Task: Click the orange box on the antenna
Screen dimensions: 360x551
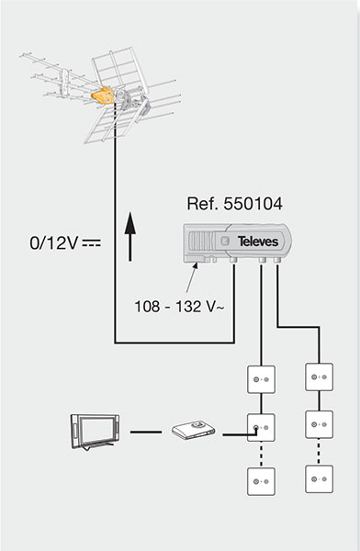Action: pyautogui.click(x=103, y=96)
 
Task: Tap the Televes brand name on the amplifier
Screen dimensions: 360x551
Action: pyautogui.click(x=258, y=242)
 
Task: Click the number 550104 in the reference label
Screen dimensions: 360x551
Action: pyautogui.click(x=253, y=204)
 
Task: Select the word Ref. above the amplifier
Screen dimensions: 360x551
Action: pyautogui.click(x=203, y=204)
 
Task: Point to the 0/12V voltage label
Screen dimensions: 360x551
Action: pyautogui.click(x=54, y=243)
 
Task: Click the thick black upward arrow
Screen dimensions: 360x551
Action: pyautogui.click(x=130, y=237)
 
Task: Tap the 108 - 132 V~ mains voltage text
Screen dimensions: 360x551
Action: pyautogui.click(x=179, y=307)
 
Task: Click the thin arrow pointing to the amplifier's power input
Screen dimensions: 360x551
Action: pyautogui.click(x=192, y=277)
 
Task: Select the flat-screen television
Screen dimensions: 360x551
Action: pyautogui.click(x=95, y=432)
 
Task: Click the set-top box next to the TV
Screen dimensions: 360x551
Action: pyautogui.click(x=193, y=430)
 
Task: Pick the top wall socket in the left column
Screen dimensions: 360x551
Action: pyautogui.click(x=261, y=379)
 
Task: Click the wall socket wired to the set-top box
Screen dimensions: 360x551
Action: pyautogui.click(x=261, y=428)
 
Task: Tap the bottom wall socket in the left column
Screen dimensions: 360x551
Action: pyautogui.click(x=261, y=481)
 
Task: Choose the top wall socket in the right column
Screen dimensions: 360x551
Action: pyautogui.click(x=320, y=377)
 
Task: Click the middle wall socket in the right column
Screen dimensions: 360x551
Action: pyautogui.click(x=320, y=424)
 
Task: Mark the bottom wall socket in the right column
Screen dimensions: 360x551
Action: pyautogui.click(x=320, y=479)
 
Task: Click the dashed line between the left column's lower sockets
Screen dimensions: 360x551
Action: pyautogui.click(x=261, y=455)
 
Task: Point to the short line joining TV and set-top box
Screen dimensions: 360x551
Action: pyautogui.click(x=145, y=432)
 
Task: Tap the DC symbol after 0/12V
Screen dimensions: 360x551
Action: pyautogui.click(x=92, y=242)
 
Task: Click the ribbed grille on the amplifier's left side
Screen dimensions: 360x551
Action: pyautogui.click(x=199, y=242)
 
